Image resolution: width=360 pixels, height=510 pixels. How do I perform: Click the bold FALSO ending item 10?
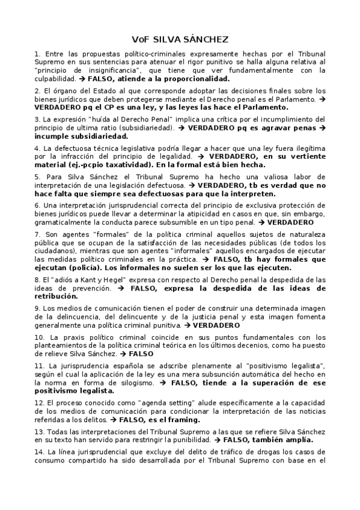141,354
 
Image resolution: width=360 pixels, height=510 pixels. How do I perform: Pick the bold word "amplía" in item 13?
294,439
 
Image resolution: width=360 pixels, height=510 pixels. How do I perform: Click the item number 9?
37,308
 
